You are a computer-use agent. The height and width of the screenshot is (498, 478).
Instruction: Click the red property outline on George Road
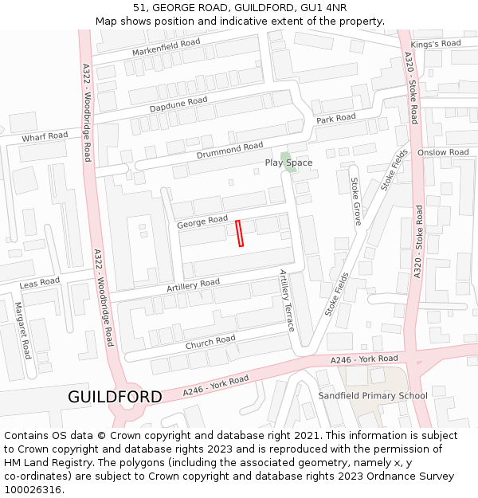coord(240,233)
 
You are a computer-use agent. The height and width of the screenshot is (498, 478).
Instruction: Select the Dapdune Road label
coord(178,104)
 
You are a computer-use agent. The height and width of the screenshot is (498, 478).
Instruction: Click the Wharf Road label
coord(45,136)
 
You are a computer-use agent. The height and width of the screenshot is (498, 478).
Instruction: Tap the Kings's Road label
coord(435,44)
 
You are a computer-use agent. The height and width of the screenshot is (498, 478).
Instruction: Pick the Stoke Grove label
coord(356,202)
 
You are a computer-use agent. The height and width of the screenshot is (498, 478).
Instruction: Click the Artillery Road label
coord(193,284)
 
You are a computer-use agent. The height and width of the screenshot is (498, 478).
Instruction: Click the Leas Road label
coord(40,283)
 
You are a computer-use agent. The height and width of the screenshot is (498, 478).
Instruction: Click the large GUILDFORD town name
coord(115,397)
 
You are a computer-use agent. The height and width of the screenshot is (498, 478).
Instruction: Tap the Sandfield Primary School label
coord(373,396)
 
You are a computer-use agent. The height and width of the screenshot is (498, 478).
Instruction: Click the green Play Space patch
coord(286,156)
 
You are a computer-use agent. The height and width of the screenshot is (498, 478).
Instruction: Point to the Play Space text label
coord(288,163)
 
